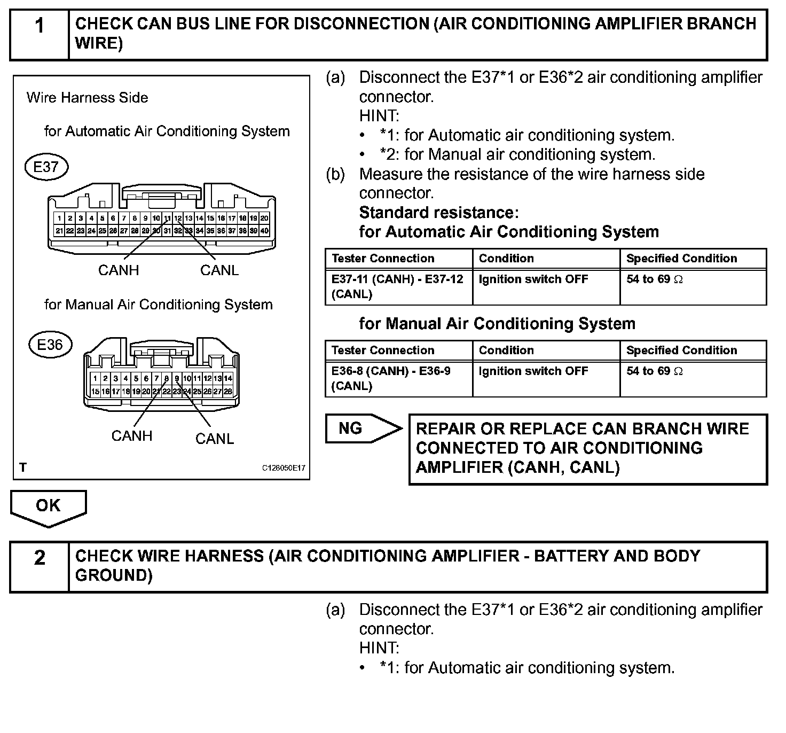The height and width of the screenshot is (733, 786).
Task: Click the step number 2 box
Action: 40,566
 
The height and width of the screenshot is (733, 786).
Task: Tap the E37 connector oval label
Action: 46,167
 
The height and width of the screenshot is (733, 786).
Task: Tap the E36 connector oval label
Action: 50,345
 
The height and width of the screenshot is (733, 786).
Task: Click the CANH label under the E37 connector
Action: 119,270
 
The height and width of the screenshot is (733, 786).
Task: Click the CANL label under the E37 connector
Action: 219,270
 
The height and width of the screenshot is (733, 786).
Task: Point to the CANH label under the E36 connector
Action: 132,436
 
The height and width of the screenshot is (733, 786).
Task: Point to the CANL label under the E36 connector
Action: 215,439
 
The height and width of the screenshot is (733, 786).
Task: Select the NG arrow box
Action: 363,428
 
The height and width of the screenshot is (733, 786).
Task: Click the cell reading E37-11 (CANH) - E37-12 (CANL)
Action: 398,286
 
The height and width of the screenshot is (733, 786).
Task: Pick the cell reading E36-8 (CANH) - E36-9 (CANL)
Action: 398,378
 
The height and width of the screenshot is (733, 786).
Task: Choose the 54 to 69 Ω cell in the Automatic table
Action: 693,286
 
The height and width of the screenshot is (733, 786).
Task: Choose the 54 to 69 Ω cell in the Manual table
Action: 693,378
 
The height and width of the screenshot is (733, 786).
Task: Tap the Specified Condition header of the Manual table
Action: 681,350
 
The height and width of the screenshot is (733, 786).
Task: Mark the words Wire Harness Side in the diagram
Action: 87,98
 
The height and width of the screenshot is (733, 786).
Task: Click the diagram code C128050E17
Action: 284,468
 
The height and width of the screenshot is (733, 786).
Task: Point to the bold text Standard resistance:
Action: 439,213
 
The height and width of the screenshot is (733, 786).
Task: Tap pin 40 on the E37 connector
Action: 265,231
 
